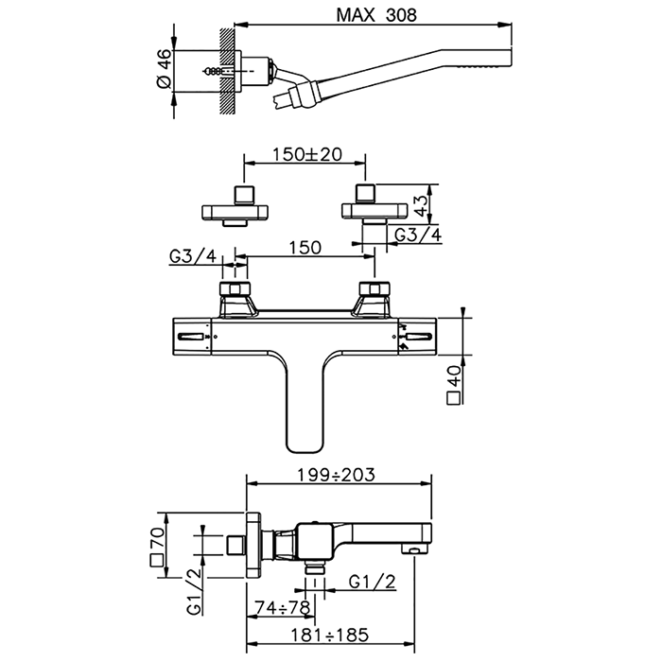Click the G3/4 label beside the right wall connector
pos(417,235)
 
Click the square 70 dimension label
pos(158,545)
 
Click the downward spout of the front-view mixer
pos(304,407)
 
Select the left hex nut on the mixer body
pos(234,288)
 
